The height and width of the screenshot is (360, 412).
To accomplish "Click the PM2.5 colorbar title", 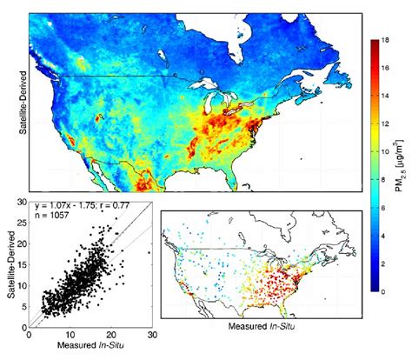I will [x=402, y=165].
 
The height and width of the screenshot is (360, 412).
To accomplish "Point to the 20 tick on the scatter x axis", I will [x=110, y=336].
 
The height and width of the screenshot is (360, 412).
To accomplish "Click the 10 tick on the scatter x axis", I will [x=70, y=336].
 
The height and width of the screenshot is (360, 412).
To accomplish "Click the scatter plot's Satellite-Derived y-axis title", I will [x=10, y=275].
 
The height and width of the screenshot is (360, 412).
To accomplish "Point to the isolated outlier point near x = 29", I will [x=149, y=253].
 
